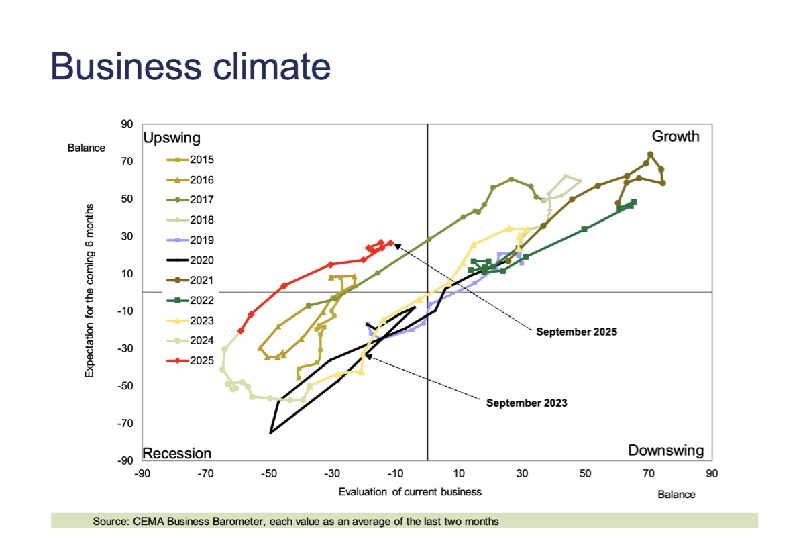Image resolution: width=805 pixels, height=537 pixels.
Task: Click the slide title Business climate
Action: click(191, 66)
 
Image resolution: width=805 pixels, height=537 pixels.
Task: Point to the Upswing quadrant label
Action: click(172, 138)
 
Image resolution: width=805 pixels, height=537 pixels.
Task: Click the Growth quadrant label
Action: click(676, 136)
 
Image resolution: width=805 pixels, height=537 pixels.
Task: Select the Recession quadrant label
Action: click(177, 453)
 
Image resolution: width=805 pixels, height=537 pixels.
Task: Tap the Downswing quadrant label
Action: click(665, 450)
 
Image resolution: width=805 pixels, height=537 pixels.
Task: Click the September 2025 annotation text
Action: click(576, 332)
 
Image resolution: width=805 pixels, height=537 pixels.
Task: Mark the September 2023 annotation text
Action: click(527, 403)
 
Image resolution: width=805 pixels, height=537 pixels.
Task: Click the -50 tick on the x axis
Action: click(269, 474)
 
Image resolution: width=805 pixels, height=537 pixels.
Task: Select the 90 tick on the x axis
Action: click(712, 474)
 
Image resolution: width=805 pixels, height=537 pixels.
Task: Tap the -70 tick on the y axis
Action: click(125, 424)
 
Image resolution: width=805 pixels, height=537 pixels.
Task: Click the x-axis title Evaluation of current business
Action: click(410, 492)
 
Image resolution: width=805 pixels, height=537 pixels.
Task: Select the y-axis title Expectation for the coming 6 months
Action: click(89, 290)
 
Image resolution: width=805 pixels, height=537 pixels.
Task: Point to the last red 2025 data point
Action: click(390, 243)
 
